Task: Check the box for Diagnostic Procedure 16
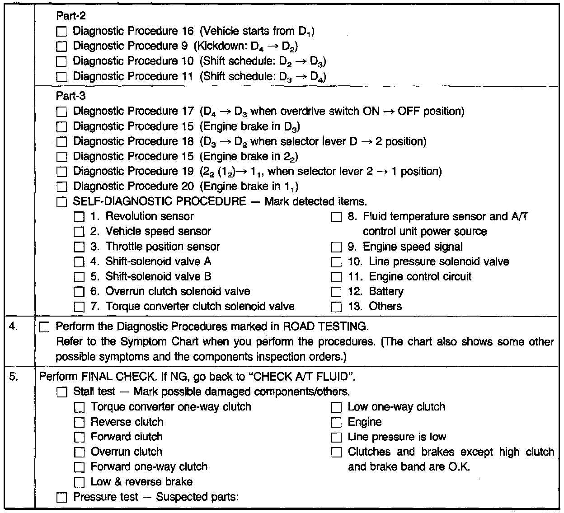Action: pyautogui.click(x=62, y=32)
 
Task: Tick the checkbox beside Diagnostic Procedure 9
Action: pyautogui.click(x=62, y=47)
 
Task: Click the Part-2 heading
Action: pyautogui.click(x=71, y=16)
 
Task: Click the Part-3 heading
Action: pyautogui.click(x=71, y=96)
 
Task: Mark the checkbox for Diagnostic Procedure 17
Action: pyautogui.click(x=62, y=112)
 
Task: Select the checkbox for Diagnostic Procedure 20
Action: pyautogui.click(x=62, y=187)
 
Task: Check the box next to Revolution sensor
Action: pyautogui.click(x=79, y=217)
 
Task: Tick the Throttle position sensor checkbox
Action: pyautogui.click(x=79, y=247)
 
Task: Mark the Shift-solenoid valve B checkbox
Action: pyautogui.click(x=79, y=277)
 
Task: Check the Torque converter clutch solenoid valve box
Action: pyautogui.click(x=79, y=307)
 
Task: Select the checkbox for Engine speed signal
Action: pyautogui.click(x=336, y=247)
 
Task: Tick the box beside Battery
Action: pyautogui.click(x=336, y=292)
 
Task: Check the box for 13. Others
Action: pyautogui.click(x=336, y=307)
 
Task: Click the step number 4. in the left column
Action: pyautogui.click(x=14, y=326)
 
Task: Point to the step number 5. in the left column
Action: pyautogui.click(x=14, y=376)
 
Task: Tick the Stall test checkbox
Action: pyautogui.click(x=62, y=392)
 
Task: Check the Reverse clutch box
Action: pyautogui.click(x=79, y=423)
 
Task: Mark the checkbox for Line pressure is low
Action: pyautogui.click(x=336, y=438)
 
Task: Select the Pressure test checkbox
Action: pyautogui.click(x=62, y=498)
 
